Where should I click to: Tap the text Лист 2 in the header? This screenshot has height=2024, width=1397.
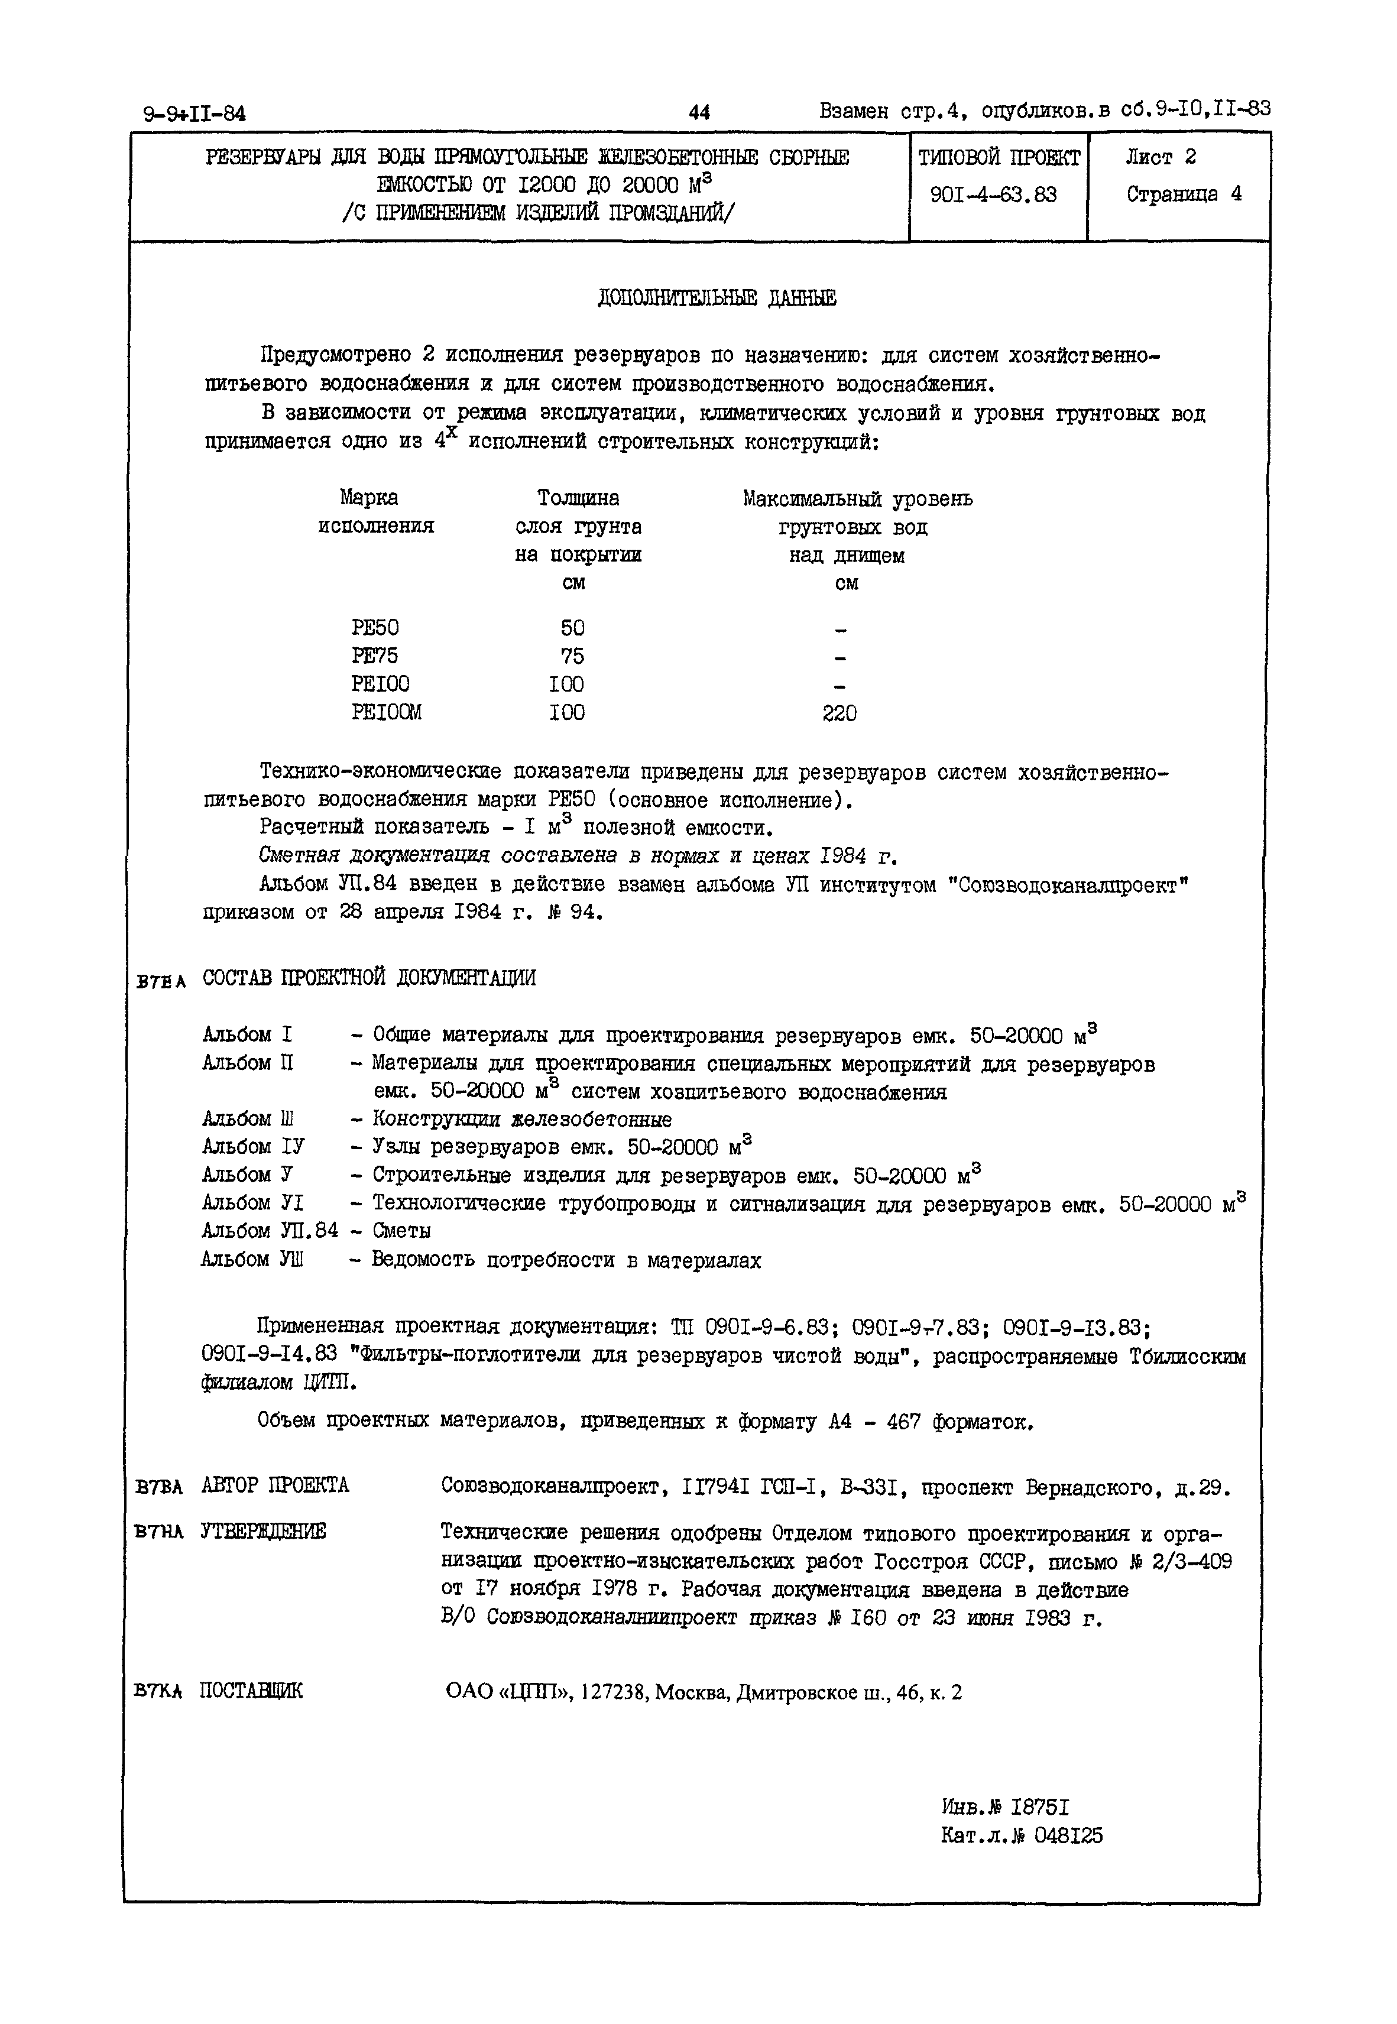(x=1161, y=157)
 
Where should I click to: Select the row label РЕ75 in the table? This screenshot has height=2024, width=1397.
(x=375, y=656)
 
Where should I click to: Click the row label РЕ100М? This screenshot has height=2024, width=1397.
(x=386, y=712)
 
